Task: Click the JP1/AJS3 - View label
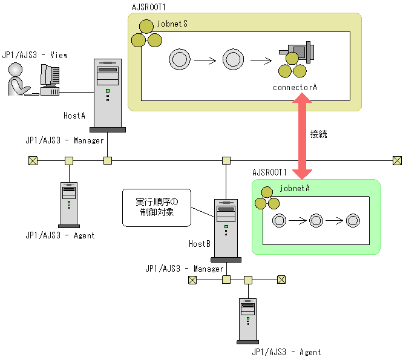click(35, 55)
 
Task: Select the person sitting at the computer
click(18, 80)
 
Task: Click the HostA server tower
click(108, 95)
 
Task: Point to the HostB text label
click(199, 244)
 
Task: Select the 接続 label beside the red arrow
click(318, 134)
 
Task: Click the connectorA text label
click(295, 88)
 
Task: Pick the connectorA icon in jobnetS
click(294, 59)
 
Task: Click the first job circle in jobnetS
click(180, 59)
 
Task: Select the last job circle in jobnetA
click(352, 220)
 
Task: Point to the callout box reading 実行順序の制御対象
click(157, 208)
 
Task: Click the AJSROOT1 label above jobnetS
click(149, 7)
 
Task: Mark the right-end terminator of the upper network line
click(396, 160)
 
